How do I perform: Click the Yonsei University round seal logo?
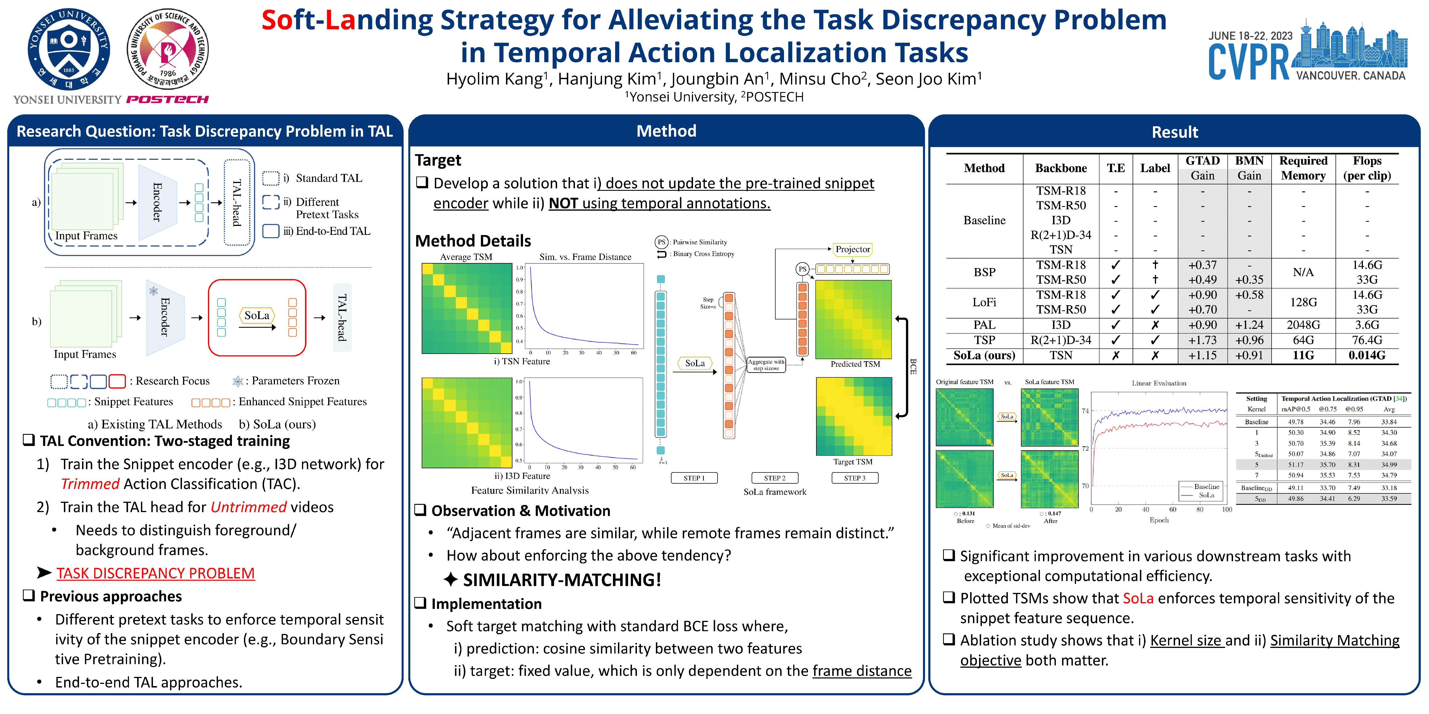point(69,50)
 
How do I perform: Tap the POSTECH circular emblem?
point(167,49)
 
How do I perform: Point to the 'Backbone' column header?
point(1061,168)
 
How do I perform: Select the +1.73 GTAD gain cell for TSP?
point(1202,340)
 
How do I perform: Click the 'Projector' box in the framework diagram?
point(853,249)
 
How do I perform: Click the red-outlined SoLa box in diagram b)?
point(257,318)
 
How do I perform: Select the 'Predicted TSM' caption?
point(855,364)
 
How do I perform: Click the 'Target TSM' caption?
point(853,462)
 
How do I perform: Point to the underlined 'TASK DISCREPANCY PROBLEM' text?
point(155,573)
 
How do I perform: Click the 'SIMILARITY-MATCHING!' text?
point(562,580)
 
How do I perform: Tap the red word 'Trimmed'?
point(90,484)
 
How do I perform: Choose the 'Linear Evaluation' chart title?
point(1159,383)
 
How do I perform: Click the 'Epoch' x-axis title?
point(1159,520)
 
